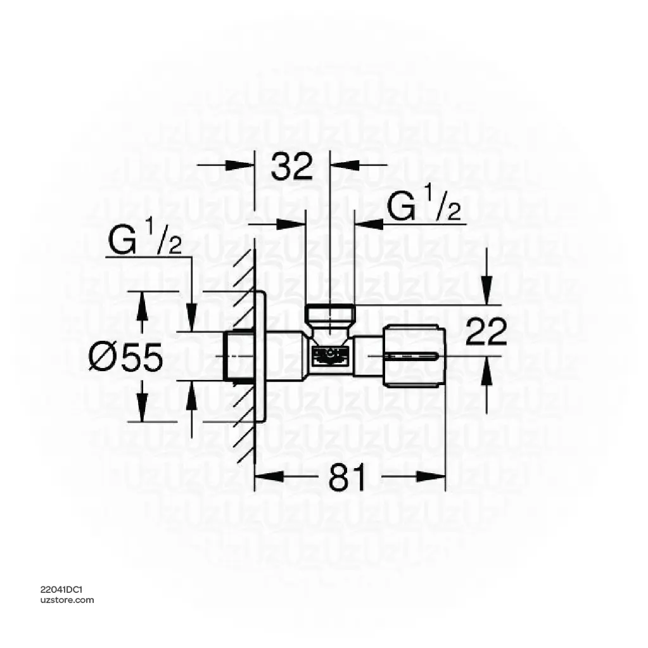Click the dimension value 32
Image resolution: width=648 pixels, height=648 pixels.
coord(292,166)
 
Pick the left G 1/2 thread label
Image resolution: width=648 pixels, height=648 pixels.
coord(145,242)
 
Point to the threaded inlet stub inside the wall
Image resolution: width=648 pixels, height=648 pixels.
coord(239,356)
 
